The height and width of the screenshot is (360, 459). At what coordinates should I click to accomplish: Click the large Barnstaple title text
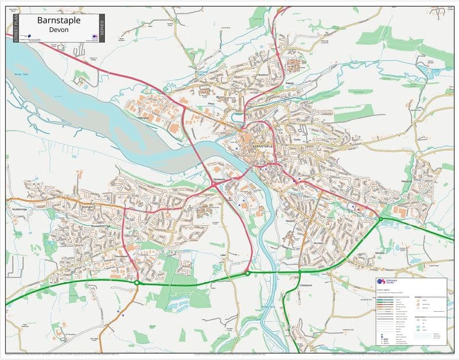coord(58,20)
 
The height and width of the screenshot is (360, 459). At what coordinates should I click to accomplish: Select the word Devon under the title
coord(59,29)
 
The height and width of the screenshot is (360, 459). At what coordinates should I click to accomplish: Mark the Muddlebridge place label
coord(20,210)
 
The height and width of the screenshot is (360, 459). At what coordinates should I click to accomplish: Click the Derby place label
coord(297,124)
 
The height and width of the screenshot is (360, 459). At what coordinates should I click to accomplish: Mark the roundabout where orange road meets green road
coord(137,282)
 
